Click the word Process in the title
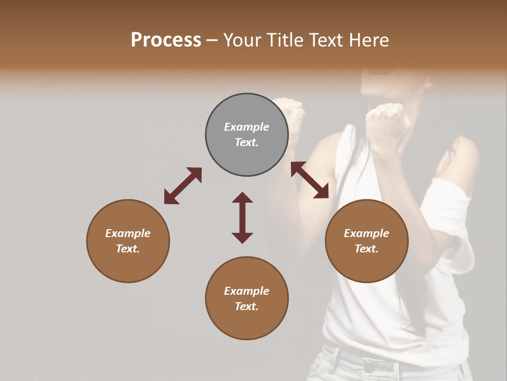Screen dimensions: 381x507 coord(166,40)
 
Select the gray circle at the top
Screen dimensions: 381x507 coord(247,135)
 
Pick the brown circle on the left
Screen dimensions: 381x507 coord(128,241)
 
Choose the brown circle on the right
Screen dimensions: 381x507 coord(367,241)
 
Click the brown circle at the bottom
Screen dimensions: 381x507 coord(247,298)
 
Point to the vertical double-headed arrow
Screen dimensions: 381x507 coord(242,217)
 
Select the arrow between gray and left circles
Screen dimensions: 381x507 coord(183,185)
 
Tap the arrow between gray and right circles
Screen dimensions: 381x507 coord(310,180)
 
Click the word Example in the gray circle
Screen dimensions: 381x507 coord(247,127)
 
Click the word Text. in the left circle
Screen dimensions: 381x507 coord(128,249)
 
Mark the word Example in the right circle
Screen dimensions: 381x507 coord(367,233)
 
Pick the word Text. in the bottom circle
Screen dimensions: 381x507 coord(247,306)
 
